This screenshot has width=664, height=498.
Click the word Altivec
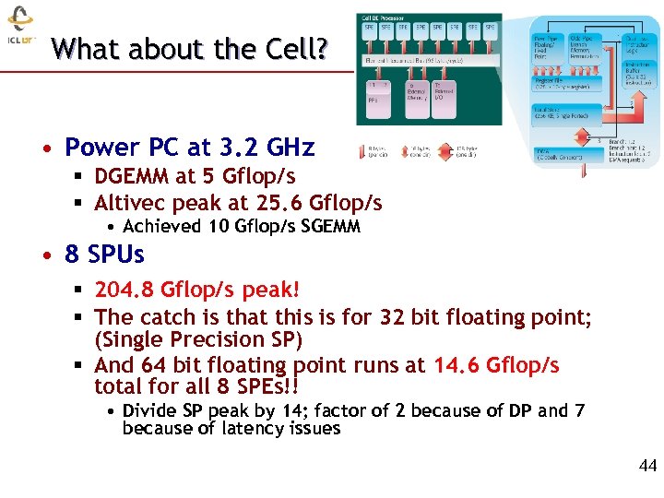[129, 203]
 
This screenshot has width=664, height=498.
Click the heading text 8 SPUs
[104, 253]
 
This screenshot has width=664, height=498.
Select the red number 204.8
[125, 290]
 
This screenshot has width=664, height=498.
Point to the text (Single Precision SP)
[198, 339]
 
